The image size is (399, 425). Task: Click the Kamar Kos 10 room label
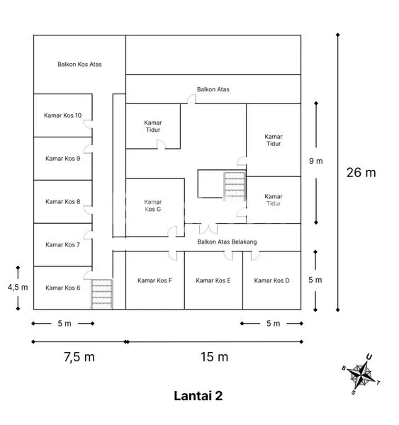[x=62, y=115]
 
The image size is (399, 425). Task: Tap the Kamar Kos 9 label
[x=62, y=159]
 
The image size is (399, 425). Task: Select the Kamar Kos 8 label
[x=62, y=202]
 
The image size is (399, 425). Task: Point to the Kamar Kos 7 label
[x=62, y=244]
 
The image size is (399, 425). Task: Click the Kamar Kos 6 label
[x=62, y=288]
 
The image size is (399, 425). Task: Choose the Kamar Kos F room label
[x=154, y=280]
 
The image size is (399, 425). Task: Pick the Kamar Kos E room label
[x=213, y=280]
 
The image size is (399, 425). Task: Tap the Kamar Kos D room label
[x=271, y=280]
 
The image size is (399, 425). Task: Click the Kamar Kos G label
[x=153, y=205]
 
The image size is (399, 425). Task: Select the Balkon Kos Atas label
[x=79, y=64]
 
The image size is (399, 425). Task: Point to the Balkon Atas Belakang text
[x=227, y=242]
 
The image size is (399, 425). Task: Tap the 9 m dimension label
[x=316, y=161]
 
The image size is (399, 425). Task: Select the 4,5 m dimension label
[x=17, y=287]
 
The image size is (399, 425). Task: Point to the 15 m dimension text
[x=213, y=357]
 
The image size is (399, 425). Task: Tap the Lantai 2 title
[x=198, y=395]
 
